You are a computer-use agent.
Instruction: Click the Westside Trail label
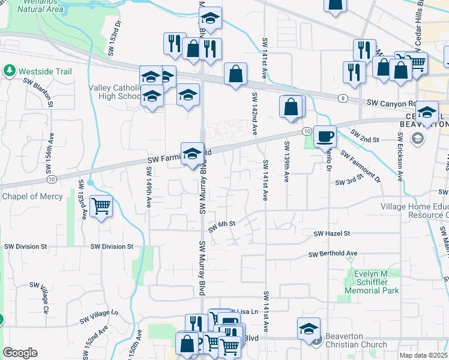[45, 72]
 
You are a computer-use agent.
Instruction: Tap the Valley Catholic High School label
[114, 92]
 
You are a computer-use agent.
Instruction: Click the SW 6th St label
[221, 226]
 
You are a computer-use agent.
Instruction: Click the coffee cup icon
[325, 137]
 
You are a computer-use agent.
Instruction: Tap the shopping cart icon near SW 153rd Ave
[101, 206]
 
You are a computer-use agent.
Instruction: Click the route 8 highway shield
[342, 98]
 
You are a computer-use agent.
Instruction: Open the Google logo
[20, 353]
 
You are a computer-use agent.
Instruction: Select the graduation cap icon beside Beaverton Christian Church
[309, 329]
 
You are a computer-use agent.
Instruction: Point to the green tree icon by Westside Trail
[10, 71]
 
